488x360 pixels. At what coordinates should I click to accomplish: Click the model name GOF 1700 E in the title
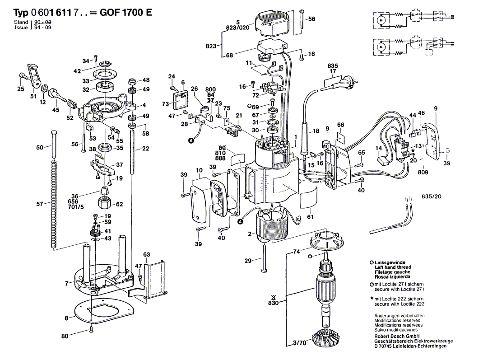[127, 13]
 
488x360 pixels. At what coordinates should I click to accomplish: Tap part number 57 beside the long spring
[40, 204]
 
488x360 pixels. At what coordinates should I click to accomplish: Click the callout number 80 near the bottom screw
[65, 336]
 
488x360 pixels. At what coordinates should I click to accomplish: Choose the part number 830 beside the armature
[273, 304]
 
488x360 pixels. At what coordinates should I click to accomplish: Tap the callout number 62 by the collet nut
[120, 204]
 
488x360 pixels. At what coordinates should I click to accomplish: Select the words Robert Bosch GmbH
[393, 336]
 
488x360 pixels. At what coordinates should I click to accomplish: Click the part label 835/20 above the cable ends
[432, 196]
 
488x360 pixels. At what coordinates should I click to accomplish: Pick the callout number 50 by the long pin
[40, 147]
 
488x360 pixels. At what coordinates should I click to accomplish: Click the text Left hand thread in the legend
[393, 267]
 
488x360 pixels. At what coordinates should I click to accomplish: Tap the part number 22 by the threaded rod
[145, 149]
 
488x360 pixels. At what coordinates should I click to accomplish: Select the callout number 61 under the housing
[310, 217]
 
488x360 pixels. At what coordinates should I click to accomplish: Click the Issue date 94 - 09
[40, 28]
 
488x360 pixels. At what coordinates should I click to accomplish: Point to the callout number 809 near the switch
[423, 172]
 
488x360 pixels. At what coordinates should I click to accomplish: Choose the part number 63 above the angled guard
[147, 255]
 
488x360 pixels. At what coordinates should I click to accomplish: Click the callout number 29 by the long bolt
[248, 261]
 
